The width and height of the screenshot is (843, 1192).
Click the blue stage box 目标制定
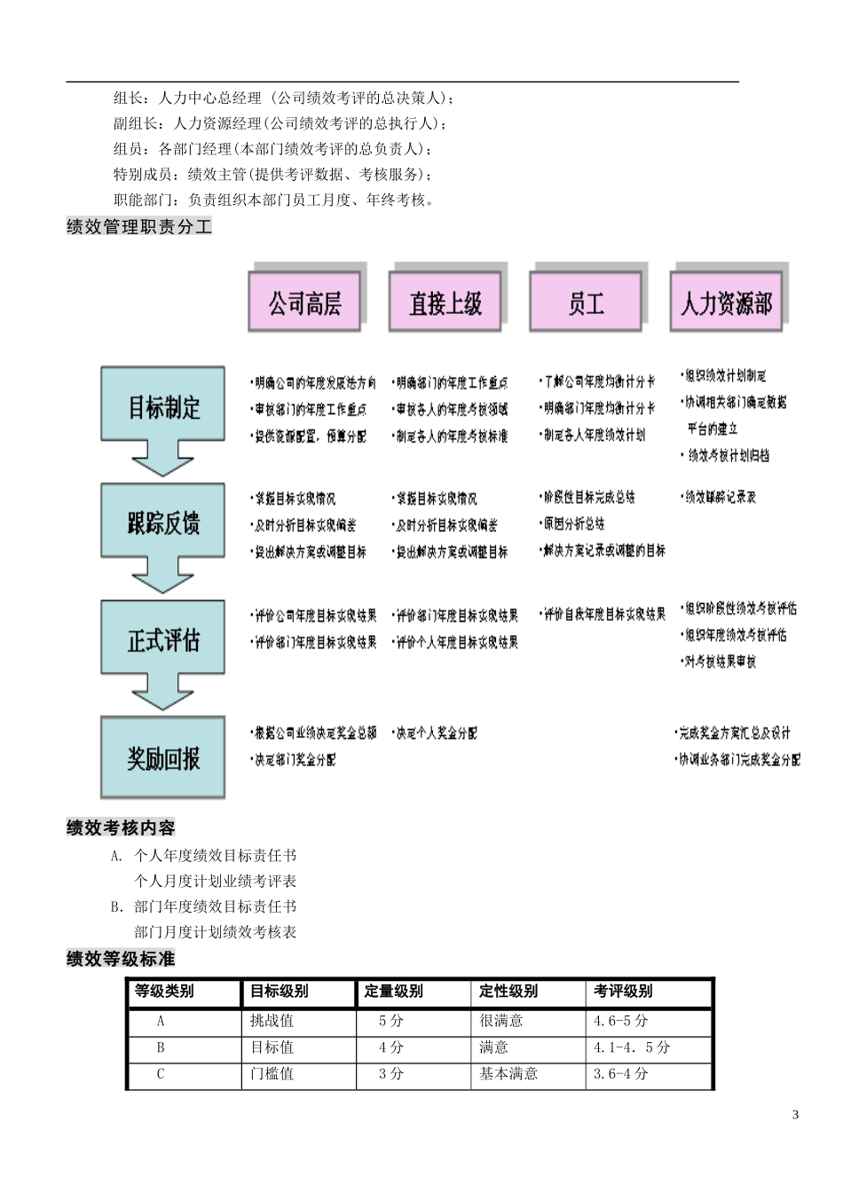[163, 406]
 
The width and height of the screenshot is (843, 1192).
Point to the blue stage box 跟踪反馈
[163, 521]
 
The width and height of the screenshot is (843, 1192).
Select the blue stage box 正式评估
[163, 639]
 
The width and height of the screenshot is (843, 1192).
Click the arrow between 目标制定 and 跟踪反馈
[162, 461]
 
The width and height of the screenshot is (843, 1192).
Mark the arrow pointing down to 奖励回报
[162, 694]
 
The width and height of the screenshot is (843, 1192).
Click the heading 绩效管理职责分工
[139, 227]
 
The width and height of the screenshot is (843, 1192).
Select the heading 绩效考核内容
[121, 828]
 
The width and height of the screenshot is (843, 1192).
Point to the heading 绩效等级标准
[121, 959]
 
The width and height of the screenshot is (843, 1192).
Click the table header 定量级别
[393, 992]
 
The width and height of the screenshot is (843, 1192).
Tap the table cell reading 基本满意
[508, 1074]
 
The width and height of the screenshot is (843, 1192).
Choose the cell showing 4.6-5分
[620, 1021]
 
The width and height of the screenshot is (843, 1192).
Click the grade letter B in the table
[161, 1047]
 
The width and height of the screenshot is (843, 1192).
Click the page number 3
[795, 1115]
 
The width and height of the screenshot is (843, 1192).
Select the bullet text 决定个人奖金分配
[436, 733]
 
